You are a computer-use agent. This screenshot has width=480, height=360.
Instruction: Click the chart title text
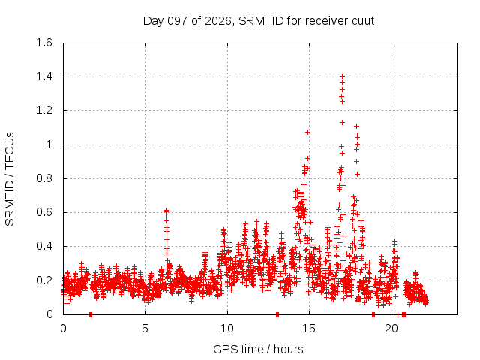tap(259, 21)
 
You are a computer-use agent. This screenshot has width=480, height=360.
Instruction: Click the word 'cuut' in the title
tap(363, 21)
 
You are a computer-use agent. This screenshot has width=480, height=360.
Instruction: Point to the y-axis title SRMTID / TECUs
tap(10, 179)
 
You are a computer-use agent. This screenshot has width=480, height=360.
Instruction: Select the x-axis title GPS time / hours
tap(258, 349)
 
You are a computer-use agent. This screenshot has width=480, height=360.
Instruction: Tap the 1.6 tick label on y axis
tap(44, 43)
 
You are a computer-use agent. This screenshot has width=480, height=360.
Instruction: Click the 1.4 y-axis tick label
tap(44, 76)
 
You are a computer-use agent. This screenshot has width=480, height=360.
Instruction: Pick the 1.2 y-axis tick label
tap(44, 110)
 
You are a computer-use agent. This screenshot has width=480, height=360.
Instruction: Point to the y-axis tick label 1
tap(49, 145)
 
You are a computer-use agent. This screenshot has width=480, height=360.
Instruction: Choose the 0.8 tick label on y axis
tap(44, 178)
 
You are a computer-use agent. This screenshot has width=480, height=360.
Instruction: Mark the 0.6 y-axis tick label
tap(44, 212)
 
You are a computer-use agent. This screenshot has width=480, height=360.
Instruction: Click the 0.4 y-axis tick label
tap(44, 246)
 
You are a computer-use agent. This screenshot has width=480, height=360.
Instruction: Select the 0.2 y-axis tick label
tap(44, 280)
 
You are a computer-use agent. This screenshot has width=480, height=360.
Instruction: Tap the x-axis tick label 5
tap(145, 328)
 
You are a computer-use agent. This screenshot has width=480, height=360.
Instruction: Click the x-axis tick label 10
tap(227, 328)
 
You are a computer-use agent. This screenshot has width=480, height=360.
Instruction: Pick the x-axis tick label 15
tap(309, 328)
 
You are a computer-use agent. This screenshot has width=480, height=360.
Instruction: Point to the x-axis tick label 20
tap(391, 328)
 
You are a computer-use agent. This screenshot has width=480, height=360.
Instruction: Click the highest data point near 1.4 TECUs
tap(343, 76)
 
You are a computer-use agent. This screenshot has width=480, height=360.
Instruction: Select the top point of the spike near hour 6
tap(166, 211)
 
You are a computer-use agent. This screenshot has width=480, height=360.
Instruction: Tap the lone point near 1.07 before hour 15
tap(307, 132)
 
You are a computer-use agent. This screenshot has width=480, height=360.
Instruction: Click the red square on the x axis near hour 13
tap(277, 314)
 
